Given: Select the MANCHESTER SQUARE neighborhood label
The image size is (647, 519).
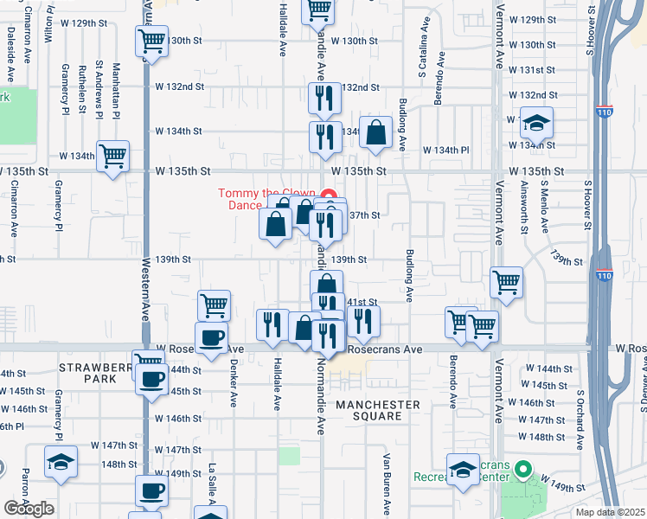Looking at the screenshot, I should (x=378, y=410).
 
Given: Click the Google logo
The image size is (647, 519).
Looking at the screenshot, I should (x=29, y=509).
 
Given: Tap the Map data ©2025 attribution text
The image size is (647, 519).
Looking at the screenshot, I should (x=610, y=512).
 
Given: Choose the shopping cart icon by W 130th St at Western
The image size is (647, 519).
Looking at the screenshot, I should (x=152, y=42).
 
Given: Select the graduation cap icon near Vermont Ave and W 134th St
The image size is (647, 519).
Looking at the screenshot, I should (x=536, y=124).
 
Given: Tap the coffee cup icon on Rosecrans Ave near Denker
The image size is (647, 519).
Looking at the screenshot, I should (x=212, y=336).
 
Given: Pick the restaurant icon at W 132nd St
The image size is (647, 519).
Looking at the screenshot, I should (x=324, y=97).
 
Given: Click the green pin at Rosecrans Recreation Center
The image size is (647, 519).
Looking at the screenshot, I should (x=522, y=471).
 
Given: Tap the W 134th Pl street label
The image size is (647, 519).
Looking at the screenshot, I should (x=445, y=150).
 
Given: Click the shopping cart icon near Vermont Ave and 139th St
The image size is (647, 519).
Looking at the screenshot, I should (x=506, y=280).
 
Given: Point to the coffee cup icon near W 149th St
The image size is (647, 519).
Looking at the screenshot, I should (x=151, y=490).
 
